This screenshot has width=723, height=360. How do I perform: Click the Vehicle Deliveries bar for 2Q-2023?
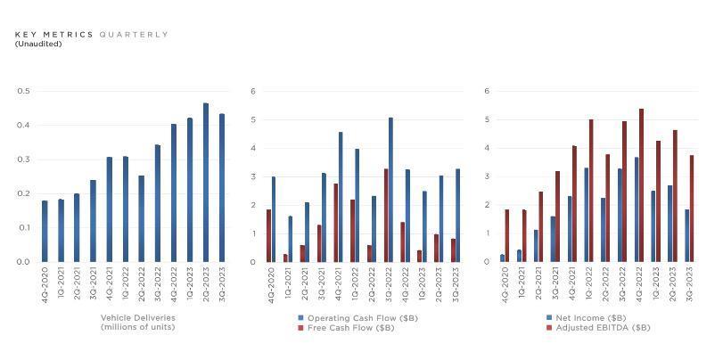tap(206, 183)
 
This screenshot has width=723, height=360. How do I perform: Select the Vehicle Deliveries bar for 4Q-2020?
tap(45, 231)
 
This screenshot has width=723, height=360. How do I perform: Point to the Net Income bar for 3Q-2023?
tap(687, 235)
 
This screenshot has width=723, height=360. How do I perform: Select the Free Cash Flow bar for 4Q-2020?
tap(268, 235)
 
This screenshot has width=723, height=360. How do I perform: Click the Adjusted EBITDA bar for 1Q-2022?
tap(590, 191)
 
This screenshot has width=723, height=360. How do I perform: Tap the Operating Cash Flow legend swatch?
tap(301, 318)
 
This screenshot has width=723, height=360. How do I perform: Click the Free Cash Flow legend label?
tap(350, 328)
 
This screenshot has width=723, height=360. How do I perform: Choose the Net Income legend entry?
tap(578, 318)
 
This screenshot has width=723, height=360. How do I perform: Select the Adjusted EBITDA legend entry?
tap(595, 328)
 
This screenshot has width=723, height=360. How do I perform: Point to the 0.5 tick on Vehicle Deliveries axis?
tap(23, 91)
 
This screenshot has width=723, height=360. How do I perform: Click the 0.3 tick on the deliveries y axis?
tap(23, 160)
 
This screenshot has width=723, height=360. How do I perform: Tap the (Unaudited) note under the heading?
tap(38, 44)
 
